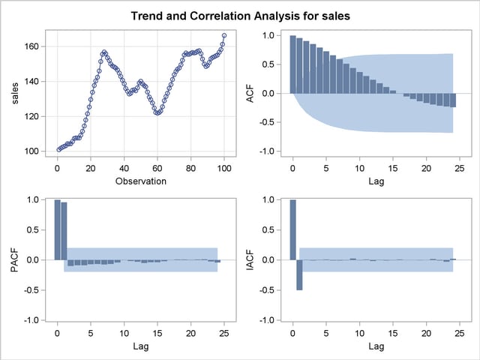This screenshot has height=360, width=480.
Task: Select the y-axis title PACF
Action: click(x=20, y=259)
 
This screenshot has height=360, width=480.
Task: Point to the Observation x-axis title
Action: click(x=140, y=181)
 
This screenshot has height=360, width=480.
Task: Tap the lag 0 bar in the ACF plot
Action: click(x=292, y=64)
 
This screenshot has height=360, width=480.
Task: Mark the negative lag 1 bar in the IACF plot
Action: click(x=299, y=274)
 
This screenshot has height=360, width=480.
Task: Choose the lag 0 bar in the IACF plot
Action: click(x=292, y=229)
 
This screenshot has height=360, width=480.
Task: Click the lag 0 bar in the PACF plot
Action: click(x=57, y=229)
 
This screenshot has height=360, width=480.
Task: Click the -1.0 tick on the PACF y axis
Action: click(x=34, y=320)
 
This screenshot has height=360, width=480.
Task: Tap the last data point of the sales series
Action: click(x=224, y=35)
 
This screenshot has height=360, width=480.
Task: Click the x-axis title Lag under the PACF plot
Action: click(x=140, y=347)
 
